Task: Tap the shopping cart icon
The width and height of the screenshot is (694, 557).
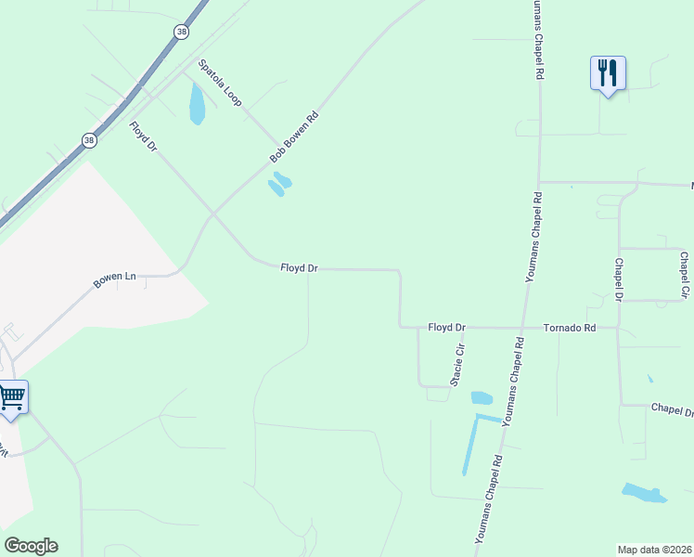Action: click(11, 396)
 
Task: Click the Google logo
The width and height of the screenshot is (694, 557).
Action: click(31, 546)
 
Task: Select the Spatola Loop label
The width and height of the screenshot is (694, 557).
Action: click(220, 83)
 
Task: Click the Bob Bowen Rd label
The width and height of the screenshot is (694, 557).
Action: click(294, 136)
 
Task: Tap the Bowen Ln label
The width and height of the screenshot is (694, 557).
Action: click(115, 278)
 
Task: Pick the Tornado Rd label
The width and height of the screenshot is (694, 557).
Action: click(568, 328)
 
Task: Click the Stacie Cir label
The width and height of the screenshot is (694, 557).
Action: click(456, 364)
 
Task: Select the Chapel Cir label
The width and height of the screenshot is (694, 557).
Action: click(685, 275)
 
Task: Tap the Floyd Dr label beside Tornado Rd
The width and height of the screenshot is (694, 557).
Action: click(446, 328)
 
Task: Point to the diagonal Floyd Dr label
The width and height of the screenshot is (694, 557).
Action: click(144, 136)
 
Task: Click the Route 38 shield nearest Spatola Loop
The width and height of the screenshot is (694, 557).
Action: click(180, 32)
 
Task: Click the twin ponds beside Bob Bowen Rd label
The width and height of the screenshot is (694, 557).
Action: click(279, 184)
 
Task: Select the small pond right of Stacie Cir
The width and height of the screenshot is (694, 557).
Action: click(482, 398)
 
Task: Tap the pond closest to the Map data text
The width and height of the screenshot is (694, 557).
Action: click(644, 493)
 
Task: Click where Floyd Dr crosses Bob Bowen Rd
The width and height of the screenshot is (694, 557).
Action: click(214, 214)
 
